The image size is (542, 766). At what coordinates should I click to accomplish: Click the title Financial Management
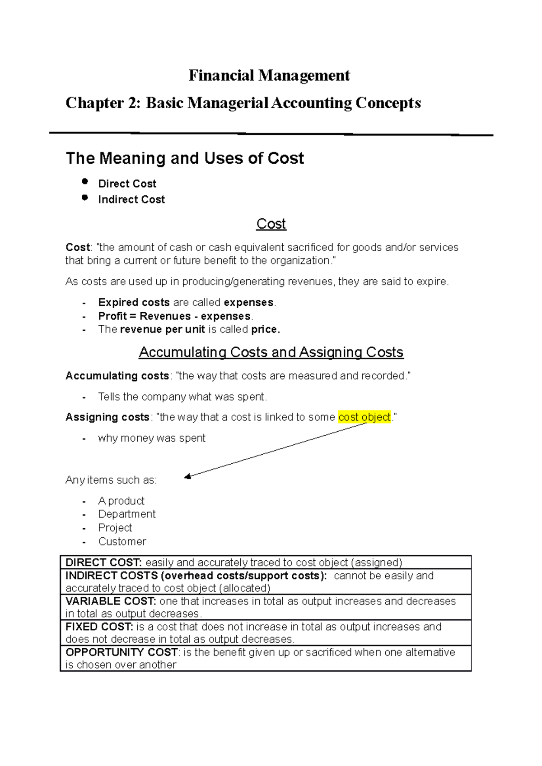coord(269,75)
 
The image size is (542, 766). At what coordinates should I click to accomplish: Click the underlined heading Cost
coord(271,224)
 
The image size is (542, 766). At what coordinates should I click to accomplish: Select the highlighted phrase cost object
coord(364,417)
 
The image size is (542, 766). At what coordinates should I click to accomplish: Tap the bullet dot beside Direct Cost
coord(85,181)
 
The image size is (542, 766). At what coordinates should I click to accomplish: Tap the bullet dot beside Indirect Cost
coord(85,197)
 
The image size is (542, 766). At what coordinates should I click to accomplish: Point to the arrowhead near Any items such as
coord(187,476)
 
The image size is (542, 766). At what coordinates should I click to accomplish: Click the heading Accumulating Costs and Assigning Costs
coord(271,352)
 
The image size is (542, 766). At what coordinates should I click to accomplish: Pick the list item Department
coord(127,514)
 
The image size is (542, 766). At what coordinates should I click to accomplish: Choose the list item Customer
coord(122,541)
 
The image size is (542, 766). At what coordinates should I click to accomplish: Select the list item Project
coord(115,528)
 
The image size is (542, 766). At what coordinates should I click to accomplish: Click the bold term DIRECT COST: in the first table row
coord(104,563)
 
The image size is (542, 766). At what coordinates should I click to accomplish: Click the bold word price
coord(266,330)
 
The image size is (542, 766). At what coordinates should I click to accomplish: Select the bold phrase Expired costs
coord(134,302)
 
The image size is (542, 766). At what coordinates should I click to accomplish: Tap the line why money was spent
coord(152,438)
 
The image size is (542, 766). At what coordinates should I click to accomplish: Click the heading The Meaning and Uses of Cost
coord(185,158)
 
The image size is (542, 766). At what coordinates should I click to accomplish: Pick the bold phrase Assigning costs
coord(107,417)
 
